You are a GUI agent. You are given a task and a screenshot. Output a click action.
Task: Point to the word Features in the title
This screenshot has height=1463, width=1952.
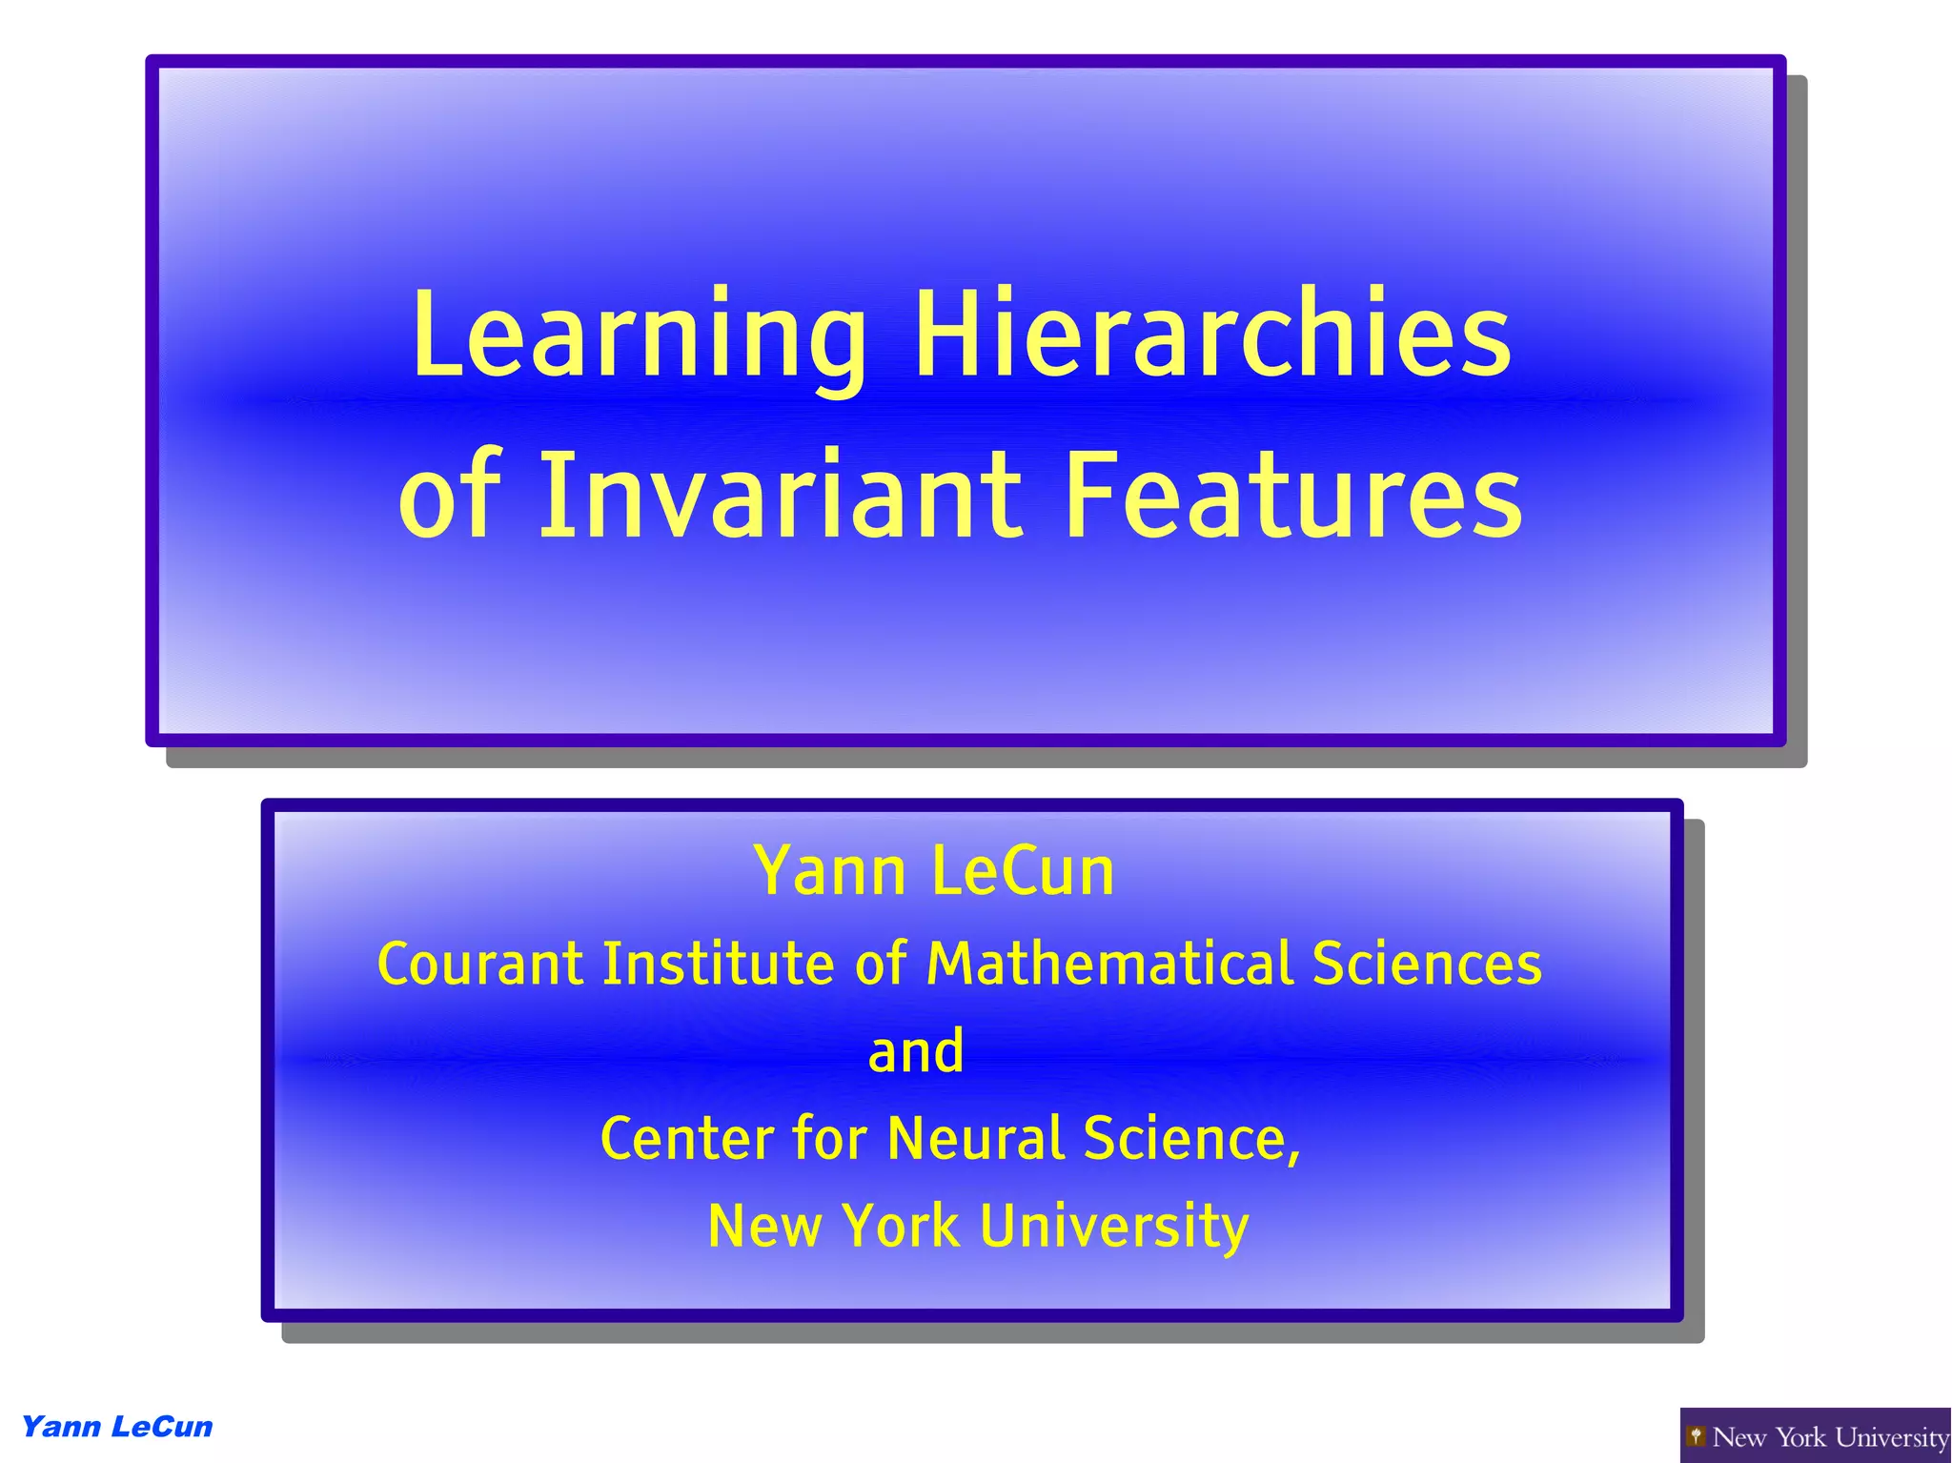(1292, 496)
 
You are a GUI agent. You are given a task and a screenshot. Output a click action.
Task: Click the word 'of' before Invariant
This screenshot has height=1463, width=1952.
(448, 496)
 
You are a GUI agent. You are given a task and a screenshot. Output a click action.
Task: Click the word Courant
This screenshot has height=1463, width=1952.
(480, 964)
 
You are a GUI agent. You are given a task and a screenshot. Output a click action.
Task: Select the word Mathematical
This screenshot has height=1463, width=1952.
(1110, 964)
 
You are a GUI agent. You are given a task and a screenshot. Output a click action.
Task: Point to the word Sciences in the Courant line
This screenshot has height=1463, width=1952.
(1427, 964)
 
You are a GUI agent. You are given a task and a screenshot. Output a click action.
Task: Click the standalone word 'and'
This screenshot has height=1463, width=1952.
(916, 1051)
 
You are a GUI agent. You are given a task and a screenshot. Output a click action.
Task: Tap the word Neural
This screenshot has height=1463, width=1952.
(976, 1139)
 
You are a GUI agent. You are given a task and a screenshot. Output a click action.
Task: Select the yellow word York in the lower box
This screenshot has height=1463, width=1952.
(902, 1226)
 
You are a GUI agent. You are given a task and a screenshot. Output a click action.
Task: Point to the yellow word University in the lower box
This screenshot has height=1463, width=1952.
(1114, 1226)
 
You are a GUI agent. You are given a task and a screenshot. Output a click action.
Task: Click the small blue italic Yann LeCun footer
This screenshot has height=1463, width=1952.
(117, 1427)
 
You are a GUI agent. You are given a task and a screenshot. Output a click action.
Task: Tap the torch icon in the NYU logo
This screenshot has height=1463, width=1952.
(1697, 1435)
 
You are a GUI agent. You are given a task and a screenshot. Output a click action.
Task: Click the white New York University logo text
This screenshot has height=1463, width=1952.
(1830, 1436)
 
